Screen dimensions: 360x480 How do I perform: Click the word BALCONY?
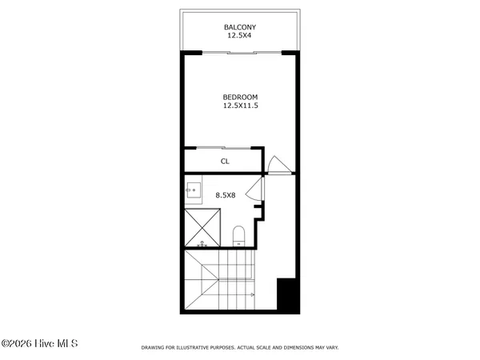point(240,27)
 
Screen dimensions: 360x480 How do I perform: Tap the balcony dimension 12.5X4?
point(240,36)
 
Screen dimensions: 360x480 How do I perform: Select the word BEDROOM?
point(240,98)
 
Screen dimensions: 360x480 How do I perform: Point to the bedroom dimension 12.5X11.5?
point(240,106)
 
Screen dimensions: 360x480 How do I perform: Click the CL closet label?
point(225,161)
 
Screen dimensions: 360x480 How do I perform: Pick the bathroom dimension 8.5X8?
point(225,193)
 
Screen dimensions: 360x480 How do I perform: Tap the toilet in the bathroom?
point(238,236)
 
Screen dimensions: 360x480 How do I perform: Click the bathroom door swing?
point(254,190)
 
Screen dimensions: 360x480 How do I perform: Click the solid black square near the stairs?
point(288,295)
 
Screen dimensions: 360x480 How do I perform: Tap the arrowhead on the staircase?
point(253,294)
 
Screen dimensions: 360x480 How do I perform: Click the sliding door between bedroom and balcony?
point(240,53)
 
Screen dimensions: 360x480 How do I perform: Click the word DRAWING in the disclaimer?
point(154,348)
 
